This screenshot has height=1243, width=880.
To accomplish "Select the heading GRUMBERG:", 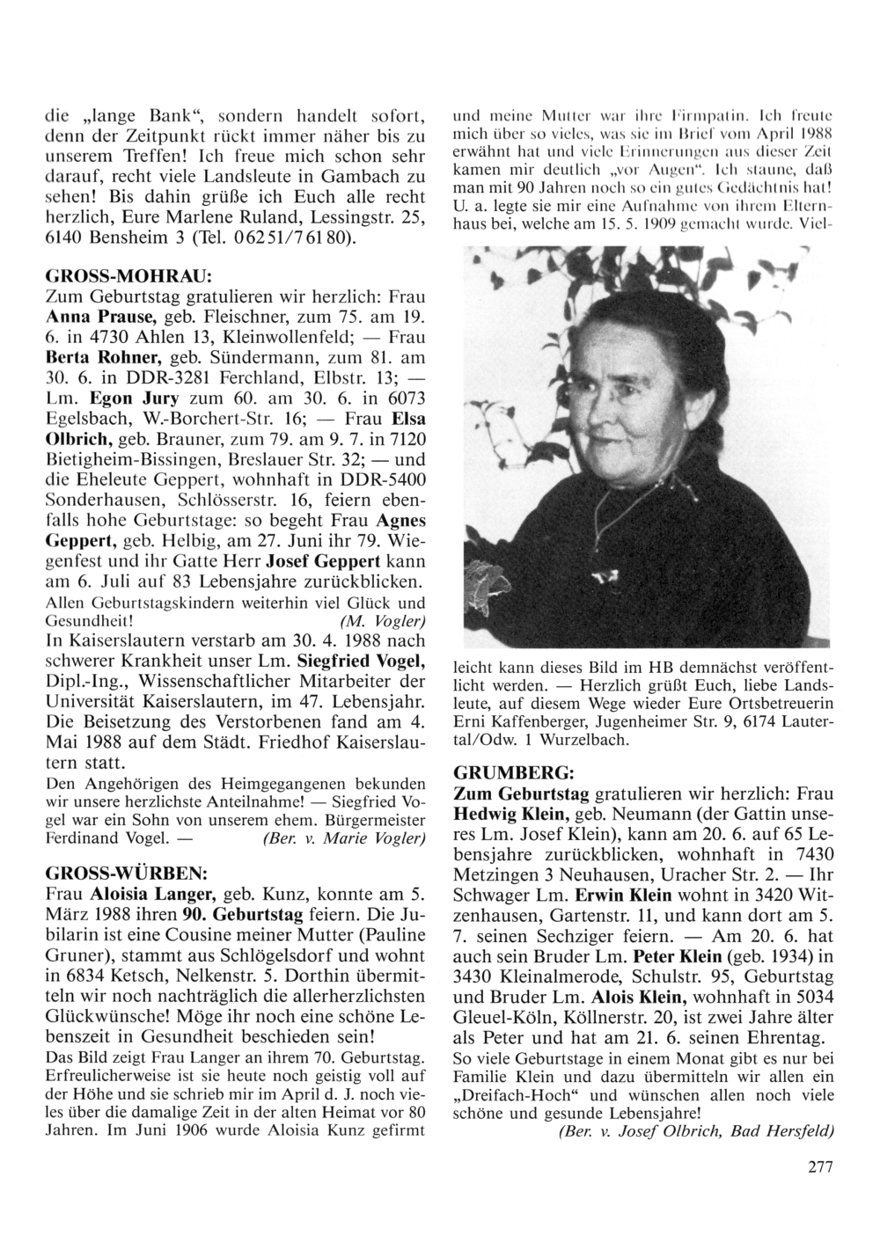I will [x=514, y=771].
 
